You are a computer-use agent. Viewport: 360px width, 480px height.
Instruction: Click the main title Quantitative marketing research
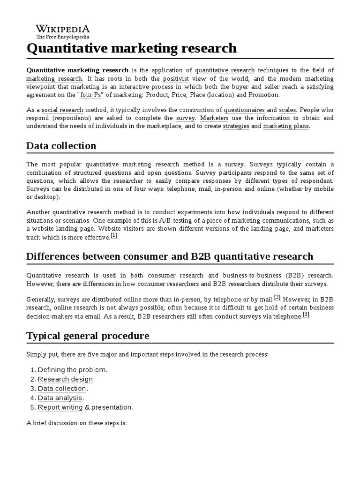(x=132, y=48)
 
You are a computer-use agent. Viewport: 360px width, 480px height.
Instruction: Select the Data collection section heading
(x=61, y=145)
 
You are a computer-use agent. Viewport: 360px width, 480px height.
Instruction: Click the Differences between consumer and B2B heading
(x=170, y=256)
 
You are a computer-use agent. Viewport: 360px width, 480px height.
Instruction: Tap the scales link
(x=287, y=110)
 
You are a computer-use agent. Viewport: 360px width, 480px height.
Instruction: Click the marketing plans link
(x=286, y=126)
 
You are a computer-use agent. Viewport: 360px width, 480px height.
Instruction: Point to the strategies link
(x=236, y=126)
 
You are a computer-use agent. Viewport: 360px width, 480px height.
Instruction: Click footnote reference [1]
(x=114, y=236)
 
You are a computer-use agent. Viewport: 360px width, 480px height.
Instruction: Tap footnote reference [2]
(x=277, y=297)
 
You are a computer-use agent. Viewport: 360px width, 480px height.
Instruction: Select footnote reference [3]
(x=306, y=315)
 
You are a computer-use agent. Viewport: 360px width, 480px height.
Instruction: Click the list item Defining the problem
(x=72, y=370)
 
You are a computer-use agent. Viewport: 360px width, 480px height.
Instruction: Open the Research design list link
(x=66, y=379)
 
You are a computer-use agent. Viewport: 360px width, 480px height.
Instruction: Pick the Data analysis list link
(x=60, y=398)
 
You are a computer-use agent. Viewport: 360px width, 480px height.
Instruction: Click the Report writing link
(x=60, y=407)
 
